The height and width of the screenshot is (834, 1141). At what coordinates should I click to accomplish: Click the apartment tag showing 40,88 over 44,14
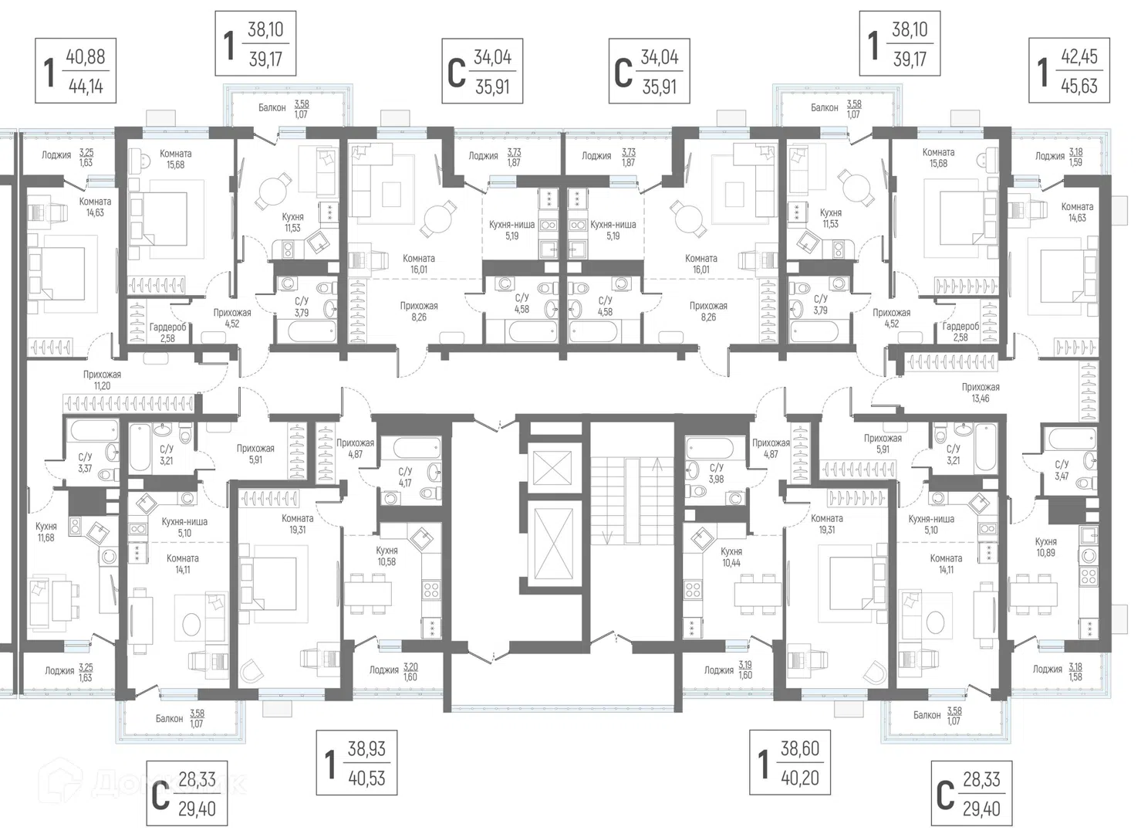coord(76,71)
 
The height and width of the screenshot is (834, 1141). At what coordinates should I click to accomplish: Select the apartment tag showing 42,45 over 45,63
coord(1069,70)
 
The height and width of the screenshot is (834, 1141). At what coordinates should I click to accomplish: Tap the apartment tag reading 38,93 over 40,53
coord(356,763)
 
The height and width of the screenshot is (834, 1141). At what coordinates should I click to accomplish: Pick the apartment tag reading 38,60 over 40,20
coord(789,762)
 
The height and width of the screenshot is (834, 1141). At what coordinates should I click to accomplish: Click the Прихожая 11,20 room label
coord(102,380)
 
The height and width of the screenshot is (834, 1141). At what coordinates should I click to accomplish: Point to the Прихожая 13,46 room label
coord(981,393)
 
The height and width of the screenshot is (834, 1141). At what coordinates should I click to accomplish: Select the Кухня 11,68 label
coord(46,532)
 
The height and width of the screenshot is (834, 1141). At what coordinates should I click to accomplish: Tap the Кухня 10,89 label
coord(1046,547)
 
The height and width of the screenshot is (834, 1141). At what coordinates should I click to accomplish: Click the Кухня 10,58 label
coord(387,556)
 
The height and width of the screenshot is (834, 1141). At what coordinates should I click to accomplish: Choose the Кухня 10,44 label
coord(731,558)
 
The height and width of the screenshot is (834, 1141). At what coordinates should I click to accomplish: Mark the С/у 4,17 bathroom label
coord(405,477)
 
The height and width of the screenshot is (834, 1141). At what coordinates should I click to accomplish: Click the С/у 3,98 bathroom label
coord(716,473)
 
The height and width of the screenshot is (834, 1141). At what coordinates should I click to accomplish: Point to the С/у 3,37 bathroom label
coord(85,463)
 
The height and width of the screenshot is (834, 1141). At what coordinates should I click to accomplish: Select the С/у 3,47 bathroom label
coord(1062,470)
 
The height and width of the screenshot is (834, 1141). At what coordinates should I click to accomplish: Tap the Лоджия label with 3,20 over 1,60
coord(393,671)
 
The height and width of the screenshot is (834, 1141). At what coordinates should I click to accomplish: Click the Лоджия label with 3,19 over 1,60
coord(728,670)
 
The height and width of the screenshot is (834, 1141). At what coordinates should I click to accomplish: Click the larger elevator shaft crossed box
coord(552,544)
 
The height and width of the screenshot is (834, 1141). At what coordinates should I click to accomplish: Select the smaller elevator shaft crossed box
coord(552,464)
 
